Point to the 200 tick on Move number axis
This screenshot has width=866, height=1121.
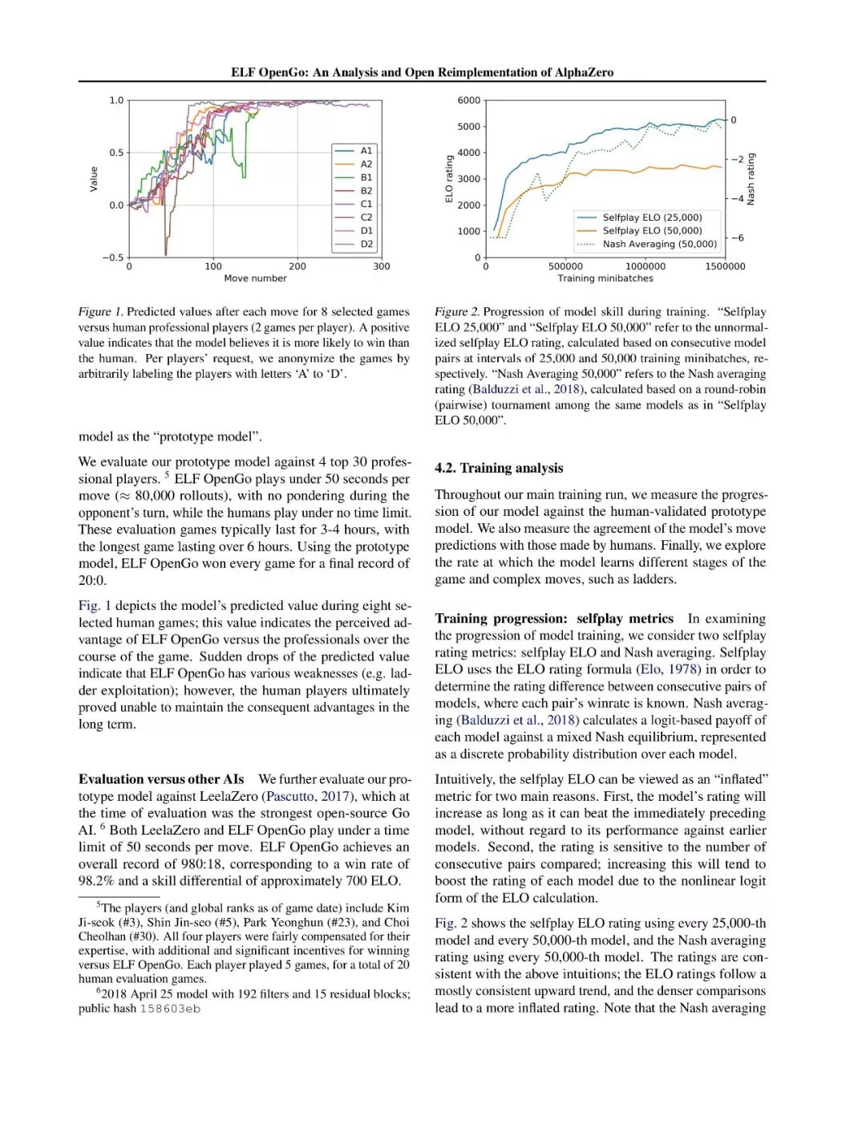(297, 266)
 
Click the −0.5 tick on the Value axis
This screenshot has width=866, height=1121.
(113, 258)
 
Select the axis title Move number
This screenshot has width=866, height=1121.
(255, 278)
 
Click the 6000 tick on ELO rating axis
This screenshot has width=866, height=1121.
(469, 100)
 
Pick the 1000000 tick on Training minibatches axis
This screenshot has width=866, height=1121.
(645, 266)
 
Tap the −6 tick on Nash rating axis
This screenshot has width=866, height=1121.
(737, 238)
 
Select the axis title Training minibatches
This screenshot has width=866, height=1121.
(605, 278)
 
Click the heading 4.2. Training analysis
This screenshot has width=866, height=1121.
(499, 468)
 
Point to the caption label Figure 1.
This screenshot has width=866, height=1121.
(100, 311)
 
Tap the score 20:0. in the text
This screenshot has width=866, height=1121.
(92, 580)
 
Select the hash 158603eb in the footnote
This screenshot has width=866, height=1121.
(170, 1009)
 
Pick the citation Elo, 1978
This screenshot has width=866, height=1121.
(669, 669)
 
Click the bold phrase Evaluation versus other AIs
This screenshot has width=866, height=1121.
(161, 779)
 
